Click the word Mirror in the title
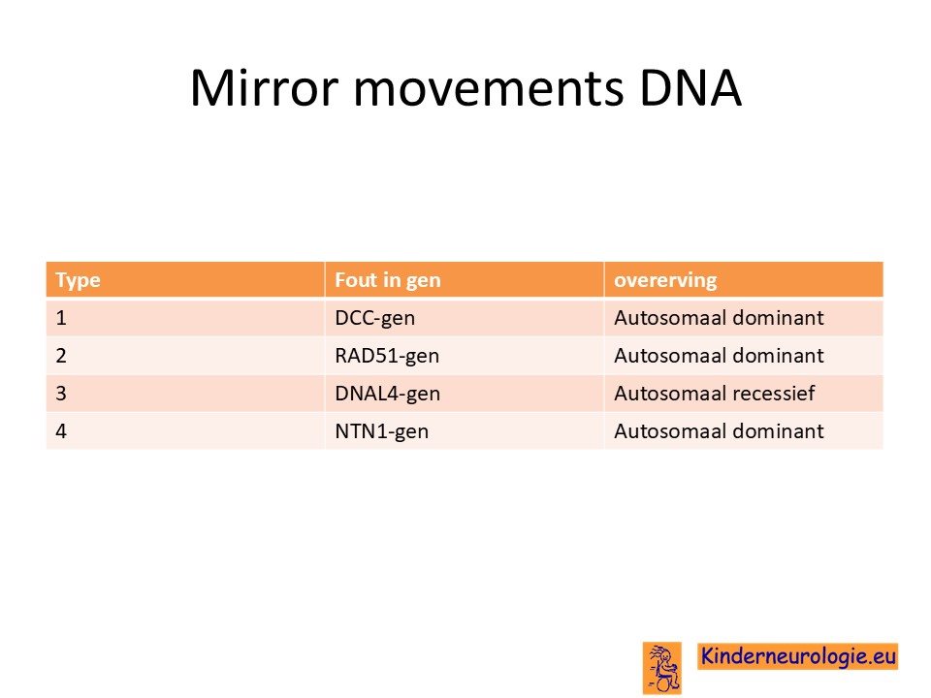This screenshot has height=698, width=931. pyautogui.click(x=264, y=88)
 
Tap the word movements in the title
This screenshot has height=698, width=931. pyautogui.click(x=489, y=89)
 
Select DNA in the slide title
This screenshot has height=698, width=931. pyautogui.click(x=690, y=88)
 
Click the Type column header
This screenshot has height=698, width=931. pyautogui.click(x=78, y=280)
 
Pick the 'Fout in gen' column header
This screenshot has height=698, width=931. pyautogui.click(x=388, y=279)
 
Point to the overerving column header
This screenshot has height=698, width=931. pyautogui.click(x=665, y=280)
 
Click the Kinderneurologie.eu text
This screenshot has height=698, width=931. pyautogui.click(x=797, y=656)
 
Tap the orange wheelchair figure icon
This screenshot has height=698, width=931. pyautogui.click(x=662, y=668)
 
